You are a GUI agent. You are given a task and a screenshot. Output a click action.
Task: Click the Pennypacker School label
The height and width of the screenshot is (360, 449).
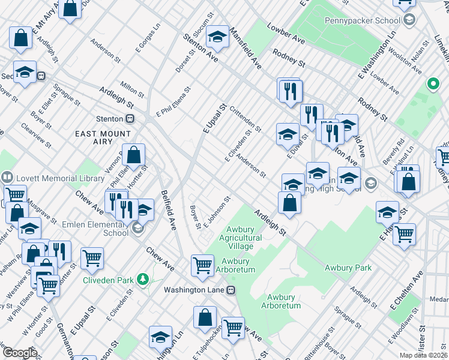[x=362, y=20]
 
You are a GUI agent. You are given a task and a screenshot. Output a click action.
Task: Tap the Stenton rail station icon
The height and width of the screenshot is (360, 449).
[x=129, y=119]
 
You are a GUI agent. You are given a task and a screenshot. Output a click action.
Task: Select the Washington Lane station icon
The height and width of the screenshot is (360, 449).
[x=231, y=290]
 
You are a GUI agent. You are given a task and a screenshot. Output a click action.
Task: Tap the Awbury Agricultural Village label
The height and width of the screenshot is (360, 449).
[x=244, y=238]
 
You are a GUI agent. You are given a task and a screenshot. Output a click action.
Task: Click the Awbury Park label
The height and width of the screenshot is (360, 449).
[x=348, y=268]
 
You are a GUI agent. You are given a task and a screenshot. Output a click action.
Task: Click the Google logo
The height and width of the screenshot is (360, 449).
[x=20, y=352]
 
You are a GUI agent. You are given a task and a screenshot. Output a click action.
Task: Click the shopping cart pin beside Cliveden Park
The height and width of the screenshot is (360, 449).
[x=92, y=259]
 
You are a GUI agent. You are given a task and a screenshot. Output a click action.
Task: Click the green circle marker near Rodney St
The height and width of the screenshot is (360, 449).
[x=432, y=84]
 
